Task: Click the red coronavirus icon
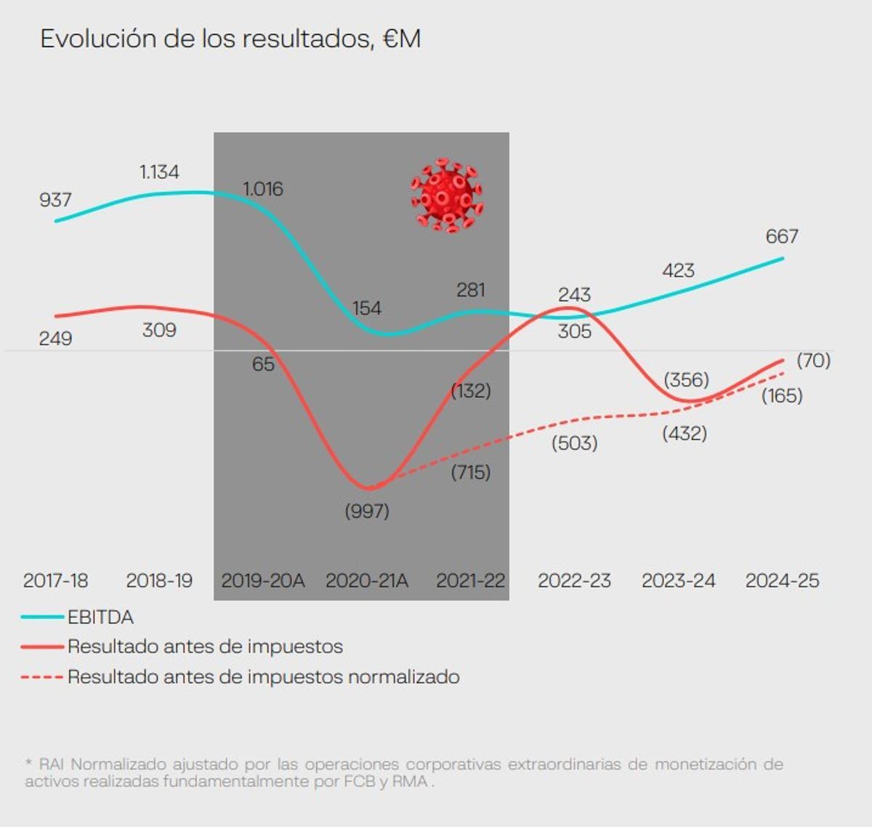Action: pos(447,195)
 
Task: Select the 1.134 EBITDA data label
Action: pos(159,172)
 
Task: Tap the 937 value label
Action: pos(55,200)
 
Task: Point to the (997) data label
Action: pos(367,511)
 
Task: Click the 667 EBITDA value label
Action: pos(782,236)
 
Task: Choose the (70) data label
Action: pos(813,360)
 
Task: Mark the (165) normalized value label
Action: pos(782,396)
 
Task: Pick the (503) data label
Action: pos(574,443)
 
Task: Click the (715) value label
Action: pos(471,472)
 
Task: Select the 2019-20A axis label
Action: pos(262,581)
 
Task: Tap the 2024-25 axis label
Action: pos(782,581)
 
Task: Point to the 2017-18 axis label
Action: pos(55,581)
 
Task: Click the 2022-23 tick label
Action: pos(574,581)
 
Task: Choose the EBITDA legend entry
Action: pos(100,617)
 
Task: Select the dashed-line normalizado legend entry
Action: pos(263,677)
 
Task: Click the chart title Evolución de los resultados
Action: pos(230,39)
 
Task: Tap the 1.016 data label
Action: pos(262,189)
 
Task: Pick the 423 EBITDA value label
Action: pos(678,270)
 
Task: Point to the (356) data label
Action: pos(686,380)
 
